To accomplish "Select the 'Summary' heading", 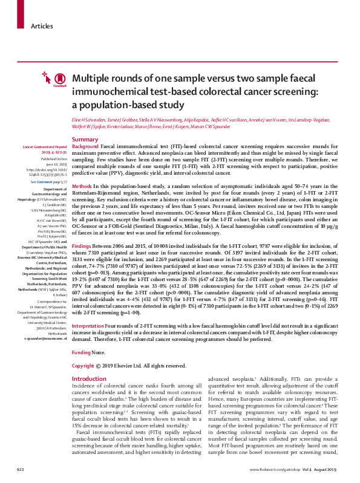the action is coord(85,140).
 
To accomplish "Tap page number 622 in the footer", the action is coord(21,469).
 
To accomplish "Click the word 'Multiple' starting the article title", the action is coord(91,80).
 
